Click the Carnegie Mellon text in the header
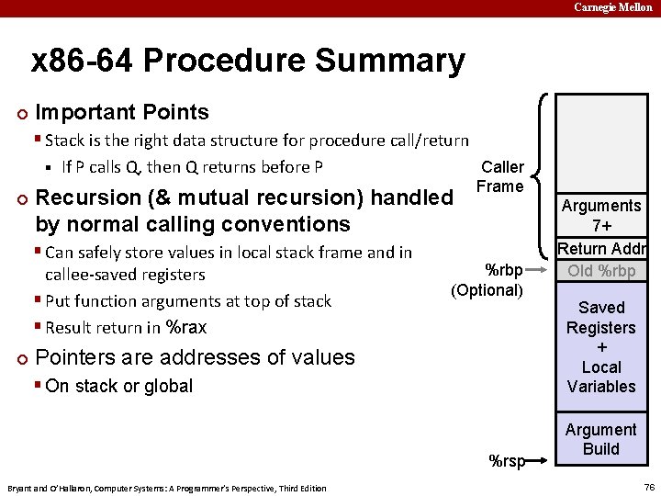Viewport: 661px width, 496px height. pyautogui.click(x=613, y=7)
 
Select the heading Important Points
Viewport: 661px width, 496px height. pyautogui.click(x=121, y=112)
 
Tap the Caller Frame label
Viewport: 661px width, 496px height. pyautogui.click(x=501, y=176)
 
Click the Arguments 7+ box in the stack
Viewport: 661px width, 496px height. pyautogui.click(x=601, y=216)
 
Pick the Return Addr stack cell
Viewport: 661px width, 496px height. pyautogui.click(x=601, y=249)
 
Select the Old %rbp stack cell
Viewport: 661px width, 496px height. pyautogui.click(x=601, y=271)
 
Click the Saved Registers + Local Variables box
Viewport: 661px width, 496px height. pyautogui.click(x=601, y=346)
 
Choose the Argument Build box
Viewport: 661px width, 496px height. pyautogui.click(x=601, y=439)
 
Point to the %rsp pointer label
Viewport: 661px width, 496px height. pyautogui.click(x=507, y=461)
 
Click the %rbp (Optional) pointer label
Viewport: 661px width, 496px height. pyautogui.click(x=487, y=280)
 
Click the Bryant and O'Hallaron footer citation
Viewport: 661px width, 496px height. pyautogui.click(x=166, y=488)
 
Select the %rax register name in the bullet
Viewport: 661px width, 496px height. pyautogui.click(x=186, y=328)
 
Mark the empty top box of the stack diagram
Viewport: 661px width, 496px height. pyautogui.click(x=601, y=142)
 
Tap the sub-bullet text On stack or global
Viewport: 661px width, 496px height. pyautogui.click(x=118, y=386)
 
